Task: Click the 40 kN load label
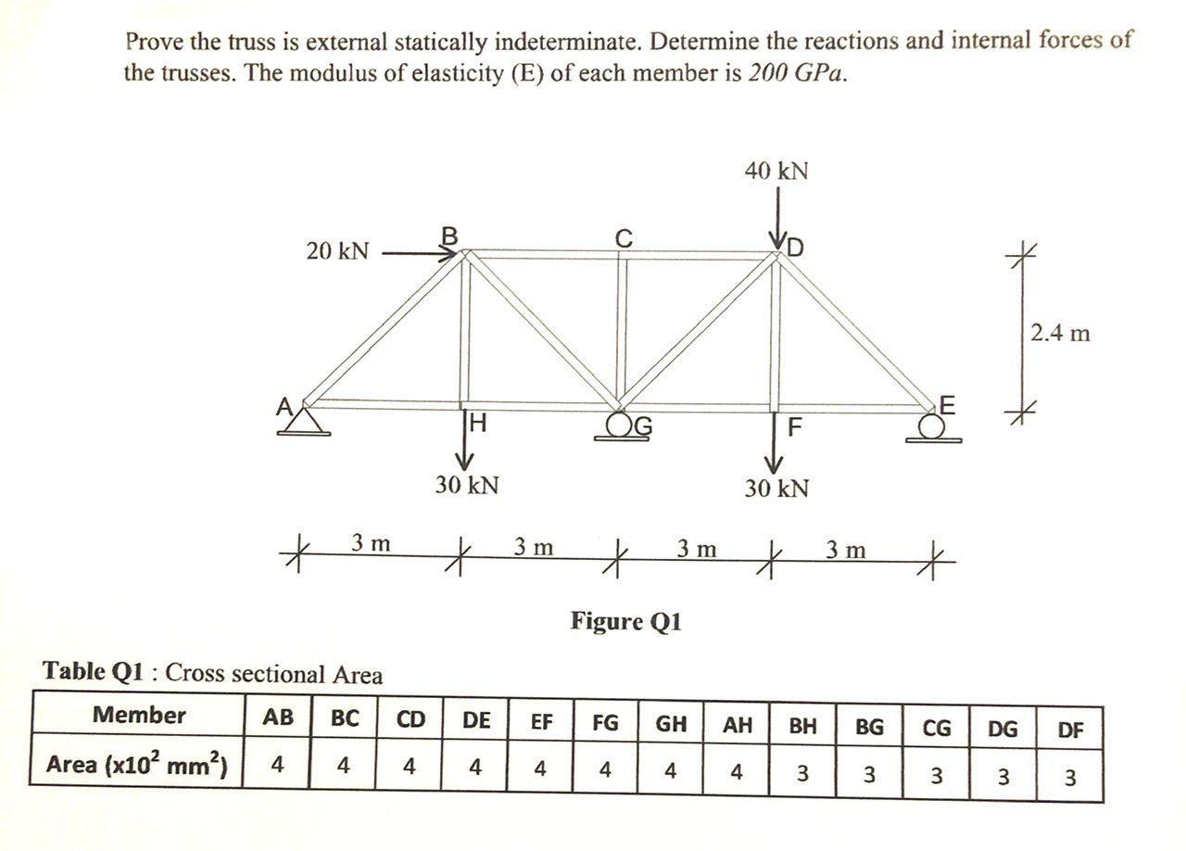click(x=776, y=171)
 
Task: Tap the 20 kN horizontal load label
click(x=337, y=251)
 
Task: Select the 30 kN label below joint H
click(x=468, y=485)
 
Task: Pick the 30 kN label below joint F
click(x=776, y=488)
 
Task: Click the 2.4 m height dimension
click(x=1060, y=333)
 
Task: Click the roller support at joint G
click(x=621, y=428)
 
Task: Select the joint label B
click(x=449, y=236)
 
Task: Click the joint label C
click(x=625, y=238)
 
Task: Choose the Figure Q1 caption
click(x=625, y=621)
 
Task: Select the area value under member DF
click(x=1069, y=777)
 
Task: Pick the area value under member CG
click(x=936, y=776)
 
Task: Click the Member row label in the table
click(x=139, y=716)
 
